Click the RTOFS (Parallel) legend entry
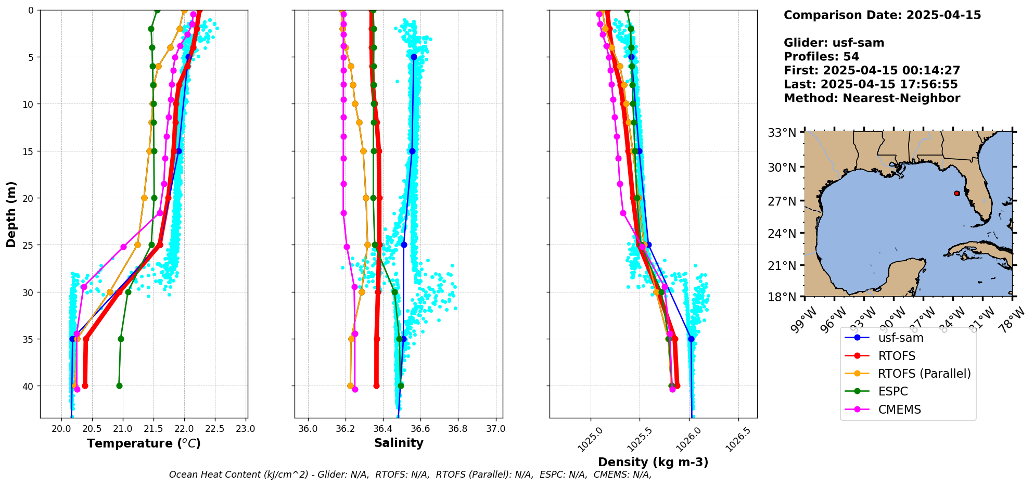tap(924, 374)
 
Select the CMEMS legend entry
tap(899, 410)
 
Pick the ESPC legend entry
tap(892, 391)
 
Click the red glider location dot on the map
tap(957, 193)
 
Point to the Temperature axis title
tap(144, 443)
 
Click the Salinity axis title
tap(399, 443)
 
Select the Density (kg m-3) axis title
tap(653, 462)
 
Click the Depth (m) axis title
tap(11, 214)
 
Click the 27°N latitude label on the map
tap(782, 201)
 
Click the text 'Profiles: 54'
tap(821, 57)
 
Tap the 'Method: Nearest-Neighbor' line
tap(872, 98)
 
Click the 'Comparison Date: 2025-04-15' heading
tap(882, 15)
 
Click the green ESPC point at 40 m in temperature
tap(119, 386)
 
